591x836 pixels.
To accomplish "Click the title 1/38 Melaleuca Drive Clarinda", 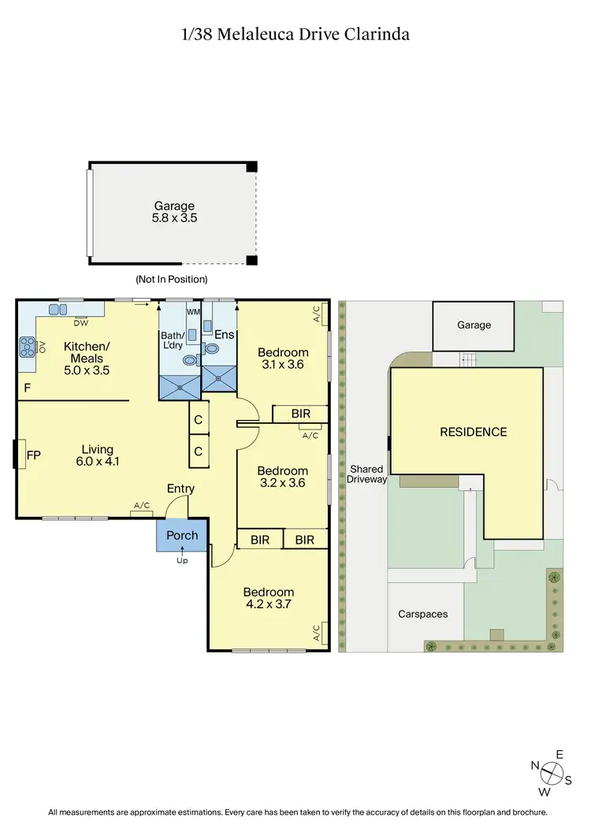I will coord(295,35).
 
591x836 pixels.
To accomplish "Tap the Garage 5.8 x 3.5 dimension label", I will coord(174,212).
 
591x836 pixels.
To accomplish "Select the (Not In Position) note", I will coord(171,279).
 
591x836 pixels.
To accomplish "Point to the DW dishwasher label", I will coord(80,323).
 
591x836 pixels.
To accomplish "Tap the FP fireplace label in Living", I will coord(32,455).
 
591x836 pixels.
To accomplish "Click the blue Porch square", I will coord(182,536).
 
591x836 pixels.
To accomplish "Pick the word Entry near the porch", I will coord(180,489).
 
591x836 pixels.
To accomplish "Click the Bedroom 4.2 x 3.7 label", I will coord(269,598).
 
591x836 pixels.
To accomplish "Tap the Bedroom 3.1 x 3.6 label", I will coord(283,359).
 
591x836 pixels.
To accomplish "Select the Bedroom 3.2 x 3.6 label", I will coord(282,477).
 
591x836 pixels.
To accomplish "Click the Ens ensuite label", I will coord(225,335).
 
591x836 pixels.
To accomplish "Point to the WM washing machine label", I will coord(192,313).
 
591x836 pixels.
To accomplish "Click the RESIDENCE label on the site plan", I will coord(473,432).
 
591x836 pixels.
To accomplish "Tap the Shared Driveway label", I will coord(367,474).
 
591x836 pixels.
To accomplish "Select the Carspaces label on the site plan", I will coord(422,613).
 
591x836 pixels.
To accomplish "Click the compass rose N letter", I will coord(534,765).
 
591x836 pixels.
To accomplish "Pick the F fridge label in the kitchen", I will coord(27,388).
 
